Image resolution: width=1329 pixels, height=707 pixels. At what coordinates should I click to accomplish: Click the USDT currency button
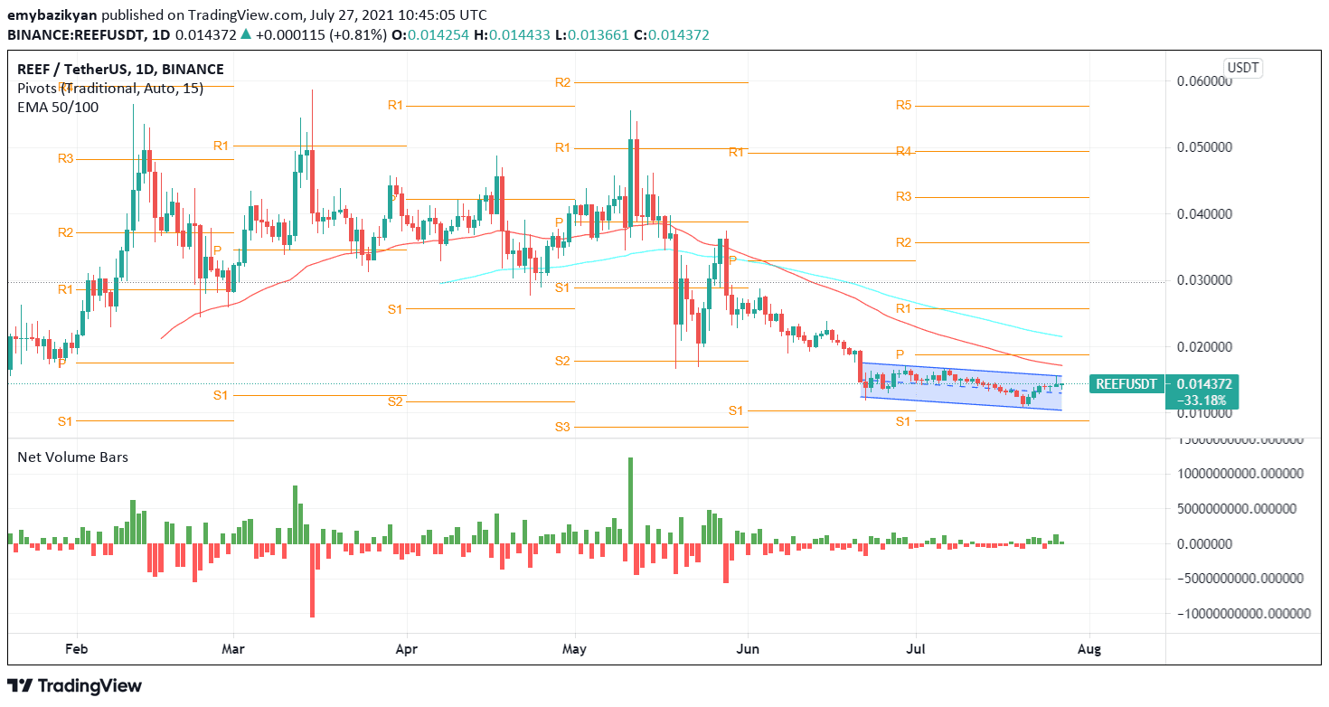1243,68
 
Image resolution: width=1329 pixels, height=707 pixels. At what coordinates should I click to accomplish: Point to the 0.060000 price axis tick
1204,80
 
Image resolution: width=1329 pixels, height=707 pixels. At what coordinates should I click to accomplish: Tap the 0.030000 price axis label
1204,280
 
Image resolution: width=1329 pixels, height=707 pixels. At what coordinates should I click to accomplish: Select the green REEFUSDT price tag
1126,384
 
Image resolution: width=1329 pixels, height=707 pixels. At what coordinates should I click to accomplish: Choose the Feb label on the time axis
78,648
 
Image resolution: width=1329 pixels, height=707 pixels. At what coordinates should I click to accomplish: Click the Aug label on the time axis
1089,648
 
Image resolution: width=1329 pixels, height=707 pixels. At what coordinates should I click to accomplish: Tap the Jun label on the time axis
748,648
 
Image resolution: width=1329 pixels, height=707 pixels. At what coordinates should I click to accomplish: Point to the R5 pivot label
903,106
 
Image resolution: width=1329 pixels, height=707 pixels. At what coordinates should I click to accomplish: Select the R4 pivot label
903,151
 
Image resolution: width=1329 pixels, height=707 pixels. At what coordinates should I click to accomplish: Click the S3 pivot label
562,426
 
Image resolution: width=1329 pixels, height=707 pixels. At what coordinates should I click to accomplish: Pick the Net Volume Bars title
73,457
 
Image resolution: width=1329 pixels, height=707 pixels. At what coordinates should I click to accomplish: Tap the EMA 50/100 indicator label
58,107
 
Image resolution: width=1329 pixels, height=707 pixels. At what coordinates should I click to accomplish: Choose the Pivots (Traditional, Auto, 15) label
110,88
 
